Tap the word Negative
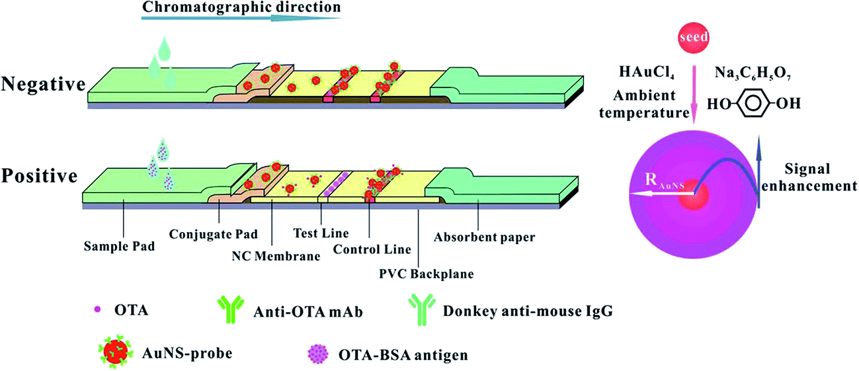(x=44, y=84)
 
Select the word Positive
(x=39, y=177)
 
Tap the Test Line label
(x=321, y=233)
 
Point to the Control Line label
(x=372, y=249)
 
